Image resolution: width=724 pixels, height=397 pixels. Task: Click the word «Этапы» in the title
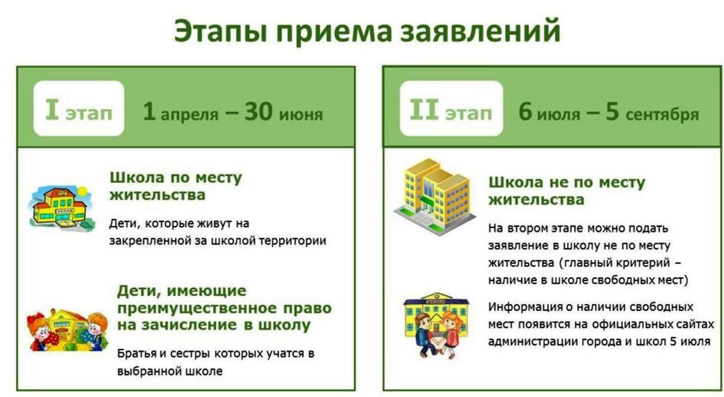pos(221,31)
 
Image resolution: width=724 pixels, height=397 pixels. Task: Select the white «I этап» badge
pos(79,108)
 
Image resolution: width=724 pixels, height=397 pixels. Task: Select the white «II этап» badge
pos(451,108)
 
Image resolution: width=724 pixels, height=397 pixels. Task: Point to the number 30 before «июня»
pos(258,111)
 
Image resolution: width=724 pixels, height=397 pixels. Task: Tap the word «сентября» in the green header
pos(662,115)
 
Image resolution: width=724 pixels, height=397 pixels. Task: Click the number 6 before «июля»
pos(525,111)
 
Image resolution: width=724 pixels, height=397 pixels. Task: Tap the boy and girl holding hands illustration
pos(436,325)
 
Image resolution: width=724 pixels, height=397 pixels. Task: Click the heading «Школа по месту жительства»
pos(176,186)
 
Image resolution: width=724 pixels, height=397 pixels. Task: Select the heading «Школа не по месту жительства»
pos(567,191)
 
